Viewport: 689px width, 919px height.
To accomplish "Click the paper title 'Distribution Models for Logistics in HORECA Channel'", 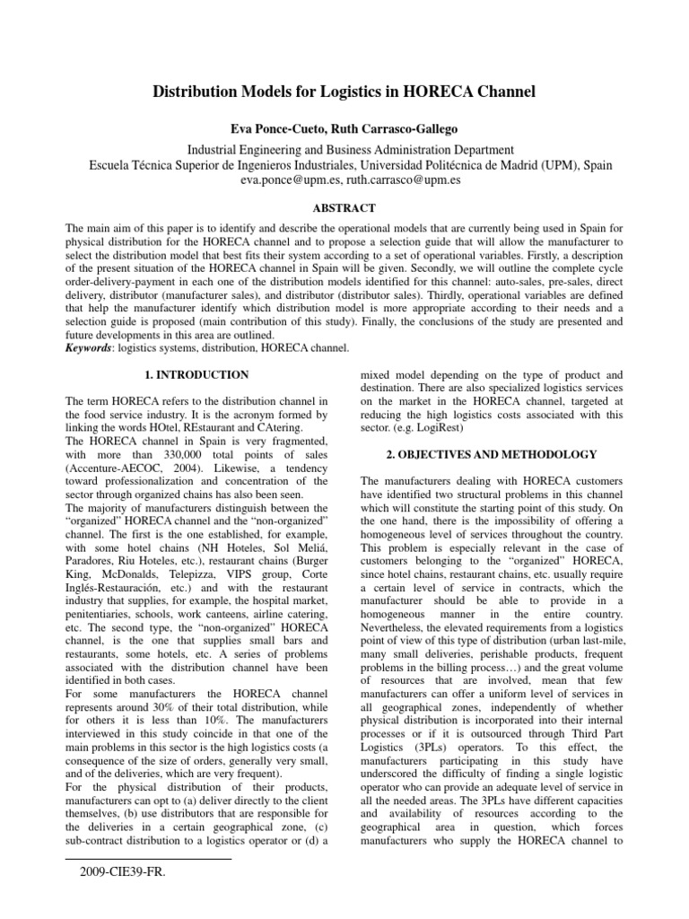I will pos(344,91).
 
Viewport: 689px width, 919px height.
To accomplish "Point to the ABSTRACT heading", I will pos(344,207).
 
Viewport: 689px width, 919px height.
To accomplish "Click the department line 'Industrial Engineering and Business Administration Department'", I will pos(344,149).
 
